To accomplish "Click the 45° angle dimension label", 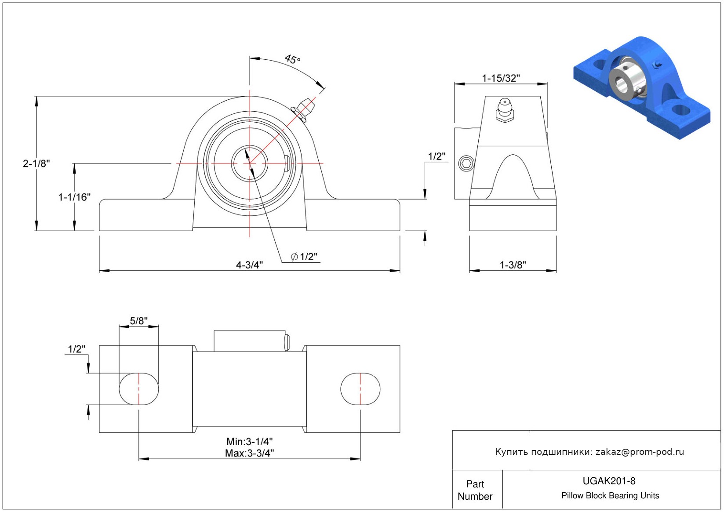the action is pyautogui.click(x=292, y=59).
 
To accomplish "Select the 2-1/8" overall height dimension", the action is pyautogui.click(x=36, y=163).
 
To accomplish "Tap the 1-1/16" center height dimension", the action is pyautogui.click(x=74, y=197).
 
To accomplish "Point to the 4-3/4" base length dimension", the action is pyautogui.click(x=249, y=265).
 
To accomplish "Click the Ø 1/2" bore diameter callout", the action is pyautogui.click(x=304, y=257).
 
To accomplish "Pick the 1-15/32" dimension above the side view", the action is pyautogui.click(x=501, y=78).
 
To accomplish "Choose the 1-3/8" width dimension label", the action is pyautogui.click(x=513, y=265).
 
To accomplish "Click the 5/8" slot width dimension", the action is pyautogui.click(x=138, y=321).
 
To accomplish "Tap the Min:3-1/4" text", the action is pyautogui.click(x=250, y=441).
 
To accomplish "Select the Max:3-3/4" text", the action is pyautogui.click(x=250, y=453).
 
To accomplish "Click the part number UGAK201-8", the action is pyautogui.click(x=609, y=481).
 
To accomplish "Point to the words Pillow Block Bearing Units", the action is pyautogui.click(x=610, y=495).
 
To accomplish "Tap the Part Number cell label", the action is pyautogui.click(x=475, y=490).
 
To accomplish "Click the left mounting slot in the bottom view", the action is pyautogui.click(x=139, y=389).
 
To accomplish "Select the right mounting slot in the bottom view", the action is pyautogui.click(x=360, y=389).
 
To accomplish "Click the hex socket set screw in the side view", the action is pyautogui.click(x=466, y=163).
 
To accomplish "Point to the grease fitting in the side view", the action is pyautogui.click(x=505, y=110).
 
